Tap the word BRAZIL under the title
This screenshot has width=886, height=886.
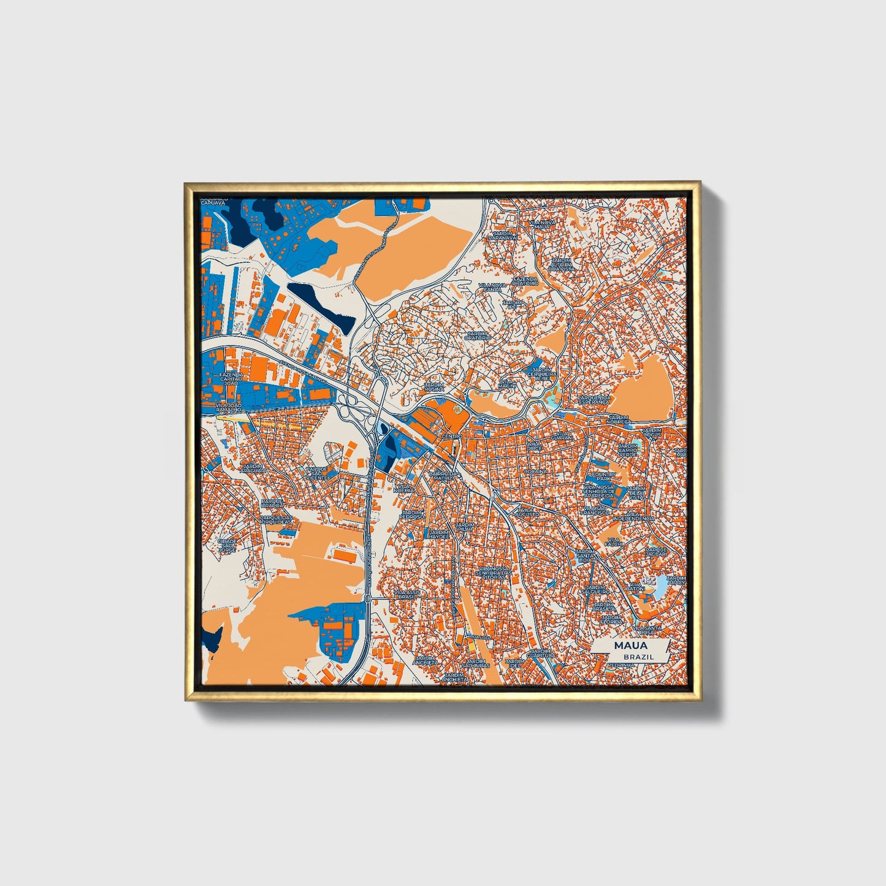coord(638,657)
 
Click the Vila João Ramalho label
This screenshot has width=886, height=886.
coord(230,408)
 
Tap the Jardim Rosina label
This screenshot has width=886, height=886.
coord(435,388)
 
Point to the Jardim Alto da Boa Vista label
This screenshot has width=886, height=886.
coord(561,264)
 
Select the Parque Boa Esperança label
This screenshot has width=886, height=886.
coord(595,399)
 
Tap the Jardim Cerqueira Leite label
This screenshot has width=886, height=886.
coord(541,374)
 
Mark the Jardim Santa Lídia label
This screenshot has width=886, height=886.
coord(585,556)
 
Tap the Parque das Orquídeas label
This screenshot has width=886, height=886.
coord(277,520)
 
